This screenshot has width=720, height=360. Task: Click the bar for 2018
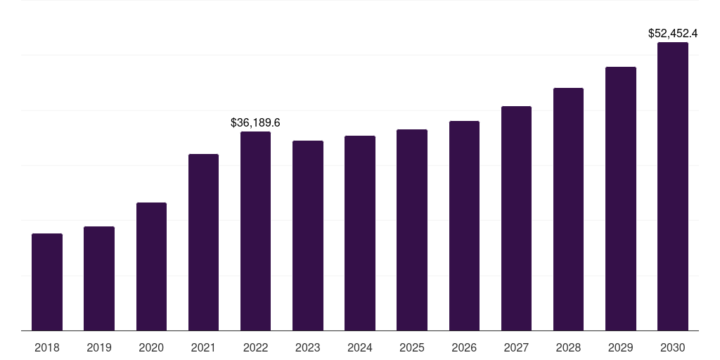47,282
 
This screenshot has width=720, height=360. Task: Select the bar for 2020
151,266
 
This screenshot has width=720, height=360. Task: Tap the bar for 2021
203,243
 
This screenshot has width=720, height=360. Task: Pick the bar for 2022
255,231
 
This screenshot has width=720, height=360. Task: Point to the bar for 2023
308,236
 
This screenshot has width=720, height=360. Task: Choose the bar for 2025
412,230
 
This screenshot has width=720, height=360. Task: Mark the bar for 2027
516,219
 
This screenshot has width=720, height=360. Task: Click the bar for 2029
620,199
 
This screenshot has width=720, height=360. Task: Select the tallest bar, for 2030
673,186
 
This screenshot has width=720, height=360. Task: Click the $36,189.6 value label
255,123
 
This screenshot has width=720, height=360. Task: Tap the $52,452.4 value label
673,33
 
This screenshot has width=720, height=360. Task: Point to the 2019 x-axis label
99,347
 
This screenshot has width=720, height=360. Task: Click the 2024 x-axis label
360,347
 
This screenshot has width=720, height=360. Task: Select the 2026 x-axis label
464,347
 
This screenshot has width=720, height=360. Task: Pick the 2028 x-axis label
568,347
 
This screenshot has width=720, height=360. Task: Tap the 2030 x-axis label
673,347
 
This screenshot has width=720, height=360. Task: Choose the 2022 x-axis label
255,347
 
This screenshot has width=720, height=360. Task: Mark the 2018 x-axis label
47,347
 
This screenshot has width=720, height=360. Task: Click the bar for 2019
99,278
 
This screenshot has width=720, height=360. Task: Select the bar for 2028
568,210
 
